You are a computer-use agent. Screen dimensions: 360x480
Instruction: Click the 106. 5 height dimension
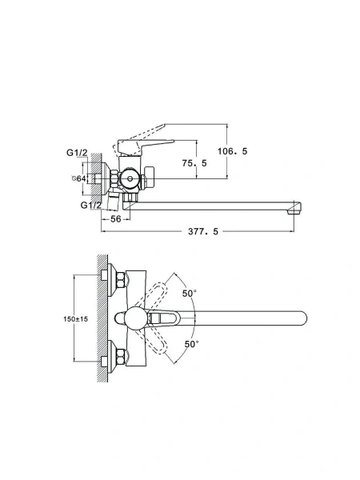tap(232, 151)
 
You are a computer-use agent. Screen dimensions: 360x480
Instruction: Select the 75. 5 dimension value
tap(194, 163)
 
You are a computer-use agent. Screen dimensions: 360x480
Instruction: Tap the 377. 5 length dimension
tap(203, 231)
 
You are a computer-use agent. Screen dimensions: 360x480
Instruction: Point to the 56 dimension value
tap(116, 219)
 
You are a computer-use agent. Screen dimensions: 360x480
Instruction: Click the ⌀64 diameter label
tap(78, 178)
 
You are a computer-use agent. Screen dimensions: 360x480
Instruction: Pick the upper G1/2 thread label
tap(77, 153)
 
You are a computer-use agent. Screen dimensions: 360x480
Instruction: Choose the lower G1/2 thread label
tap(90, 205)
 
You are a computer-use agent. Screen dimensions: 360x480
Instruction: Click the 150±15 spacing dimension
tap(76, 319)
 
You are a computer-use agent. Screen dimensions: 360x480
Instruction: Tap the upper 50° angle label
tap(189, 294)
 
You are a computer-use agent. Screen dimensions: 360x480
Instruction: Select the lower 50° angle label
tap(192, 344)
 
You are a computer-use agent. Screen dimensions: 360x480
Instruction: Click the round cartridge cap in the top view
tap(136, 318)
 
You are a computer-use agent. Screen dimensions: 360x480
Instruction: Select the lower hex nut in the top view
tap(121, 357)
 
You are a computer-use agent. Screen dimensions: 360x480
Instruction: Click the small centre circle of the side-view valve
tap(130, 178)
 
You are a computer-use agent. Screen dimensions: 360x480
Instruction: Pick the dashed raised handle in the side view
tap(139, 138)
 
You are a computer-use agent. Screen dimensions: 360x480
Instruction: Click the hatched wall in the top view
tap(102, 318)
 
